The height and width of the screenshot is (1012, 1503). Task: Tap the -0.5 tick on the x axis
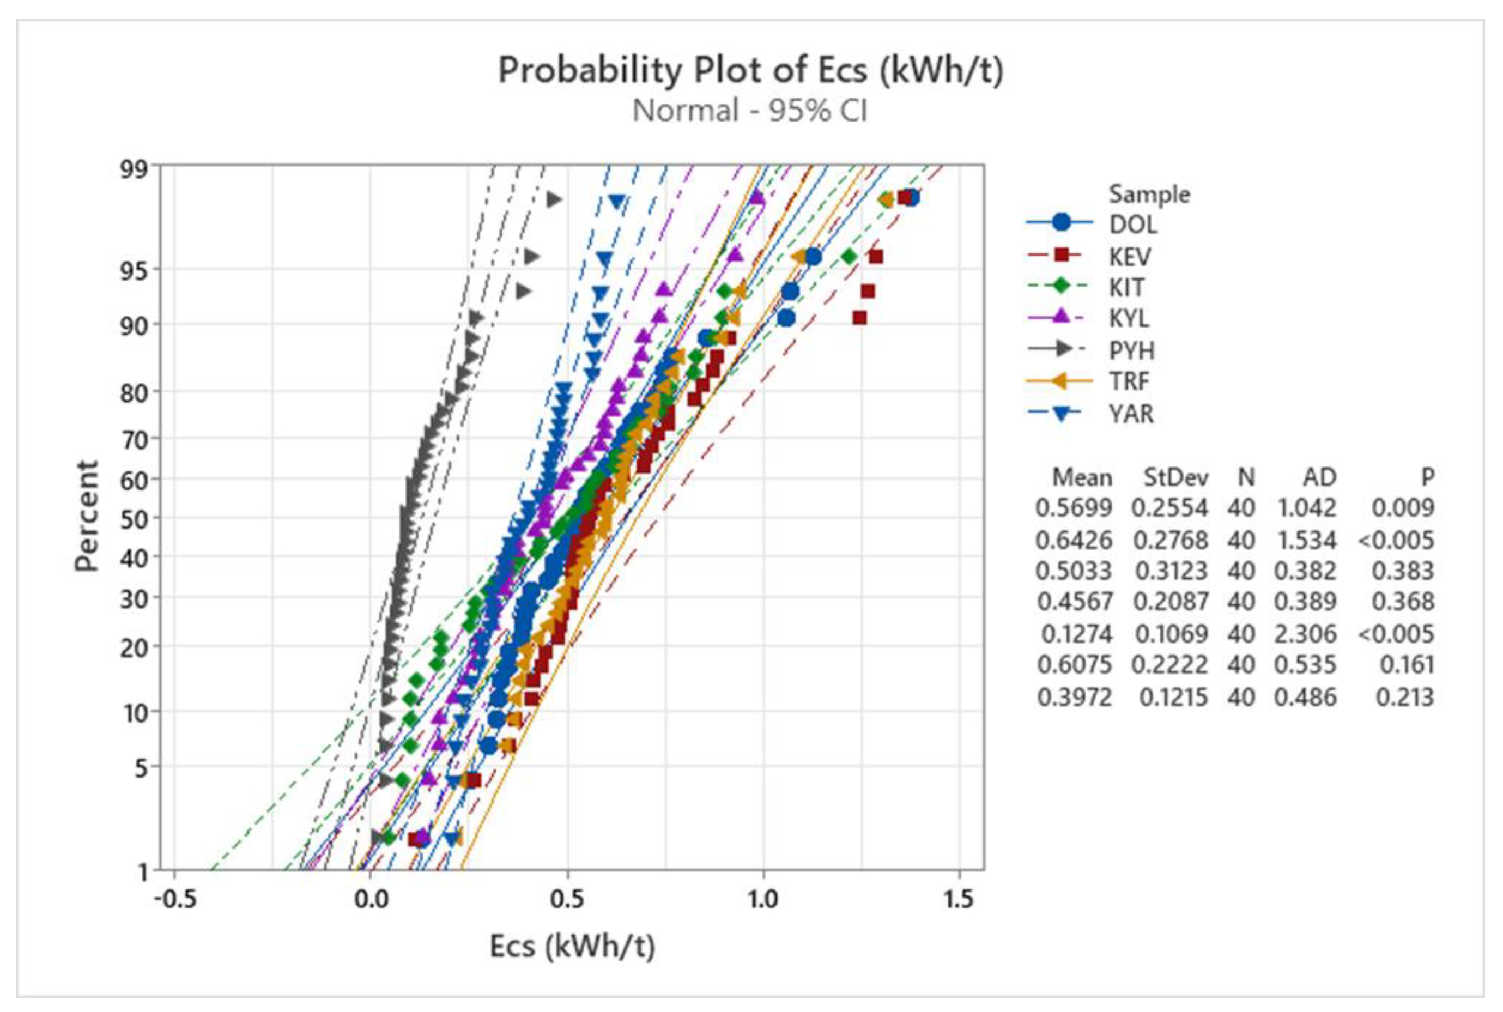coord(175,899)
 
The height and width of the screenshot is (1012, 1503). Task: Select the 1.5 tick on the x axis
coord(959,899)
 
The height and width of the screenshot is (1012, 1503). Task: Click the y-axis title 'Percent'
coord(86,516)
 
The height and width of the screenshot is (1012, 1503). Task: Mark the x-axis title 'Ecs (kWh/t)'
coord(572,947)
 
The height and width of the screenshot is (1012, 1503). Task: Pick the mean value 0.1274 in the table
coord(1076,634)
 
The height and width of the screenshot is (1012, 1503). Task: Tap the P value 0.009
coord(1402,508)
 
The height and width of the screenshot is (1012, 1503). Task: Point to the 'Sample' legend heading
coord(1149,194)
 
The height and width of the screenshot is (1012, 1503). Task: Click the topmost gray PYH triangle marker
coord(554,199)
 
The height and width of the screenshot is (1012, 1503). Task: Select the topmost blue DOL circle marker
coord(911,197)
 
